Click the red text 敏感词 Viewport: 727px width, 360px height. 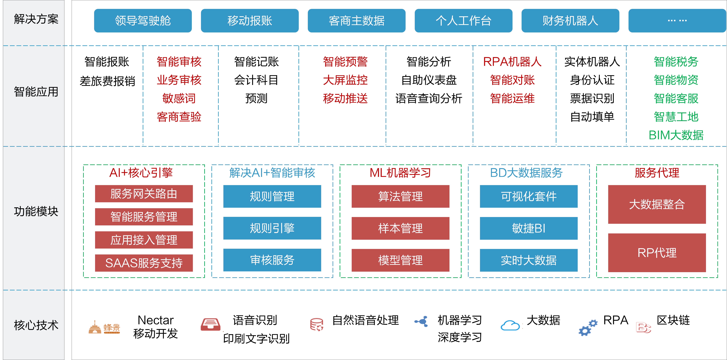click(179, 98)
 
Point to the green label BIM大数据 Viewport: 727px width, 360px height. click(676, 135)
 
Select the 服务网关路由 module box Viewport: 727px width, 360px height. click(144, 194)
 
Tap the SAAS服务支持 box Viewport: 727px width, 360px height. click(144, 263)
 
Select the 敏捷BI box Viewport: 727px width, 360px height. click(529, 228)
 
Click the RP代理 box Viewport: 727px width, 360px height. click(657, 253)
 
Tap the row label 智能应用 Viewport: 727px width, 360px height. click(36, 92)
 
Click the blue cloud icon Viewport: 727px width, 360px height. click(510, 325)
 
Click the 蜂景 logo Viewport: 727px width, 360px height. click(104, 328)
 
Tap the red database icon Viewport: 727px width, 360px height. click(317, 325)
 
